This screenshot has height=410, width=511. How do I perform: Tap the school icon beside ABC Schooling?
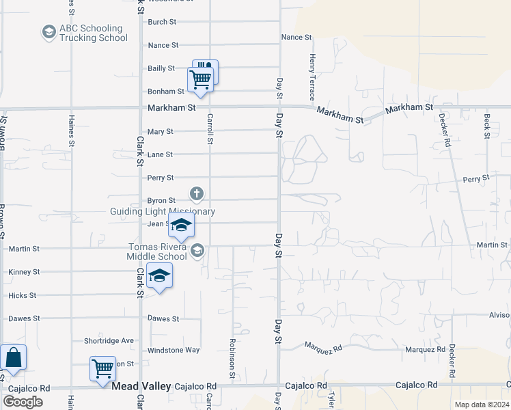click(49, 32)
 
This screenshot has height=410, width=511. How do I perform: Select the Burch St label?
click(162, 22)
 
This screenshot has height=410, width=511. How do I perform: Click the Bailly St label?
click(161, 68)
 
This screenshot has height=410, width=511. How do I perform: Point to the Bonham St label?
click(166, 91)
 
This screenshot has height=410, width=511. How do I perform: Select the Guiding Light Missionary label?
click(163, 212)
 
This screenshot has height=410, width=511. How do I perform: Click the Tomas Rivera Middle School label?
click(156, 251)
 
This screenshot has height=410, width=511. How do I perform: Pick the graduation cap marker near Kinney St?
click(159, 275)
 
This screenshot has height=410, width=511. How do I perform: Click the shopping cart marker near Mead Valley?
click(103, 368)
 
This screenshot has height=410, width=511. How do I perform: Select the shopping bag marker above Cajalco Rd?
click(13, 357)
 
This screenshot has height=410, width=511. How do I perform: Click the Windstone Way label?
click(174, 350)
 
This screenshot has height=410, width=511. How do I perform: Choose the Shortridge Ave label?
click(109, 340)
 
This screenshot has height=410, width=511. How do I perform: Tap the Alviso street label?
click(499, 315)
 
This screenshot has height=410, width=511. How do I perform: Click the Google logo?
click(23, 402)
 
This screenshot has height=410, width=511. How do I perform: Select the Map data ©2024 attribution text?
click(482, 405)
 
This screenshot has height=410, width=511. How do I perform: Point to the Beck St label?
click(487, 126)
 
